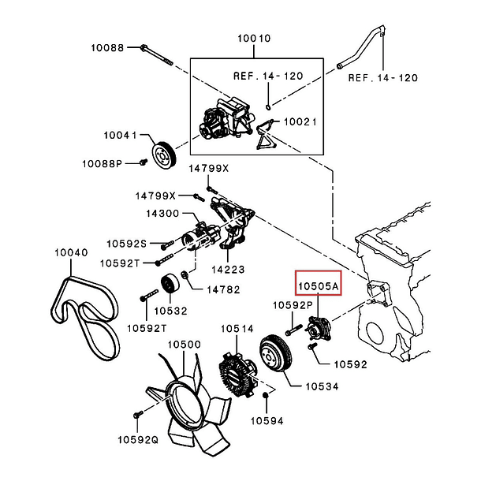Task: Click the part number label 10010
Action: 253,37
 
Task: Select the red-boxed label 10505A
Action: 318,283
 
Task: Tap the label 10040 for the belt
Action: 71,253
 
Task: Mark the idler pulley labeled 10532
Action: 167,285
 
